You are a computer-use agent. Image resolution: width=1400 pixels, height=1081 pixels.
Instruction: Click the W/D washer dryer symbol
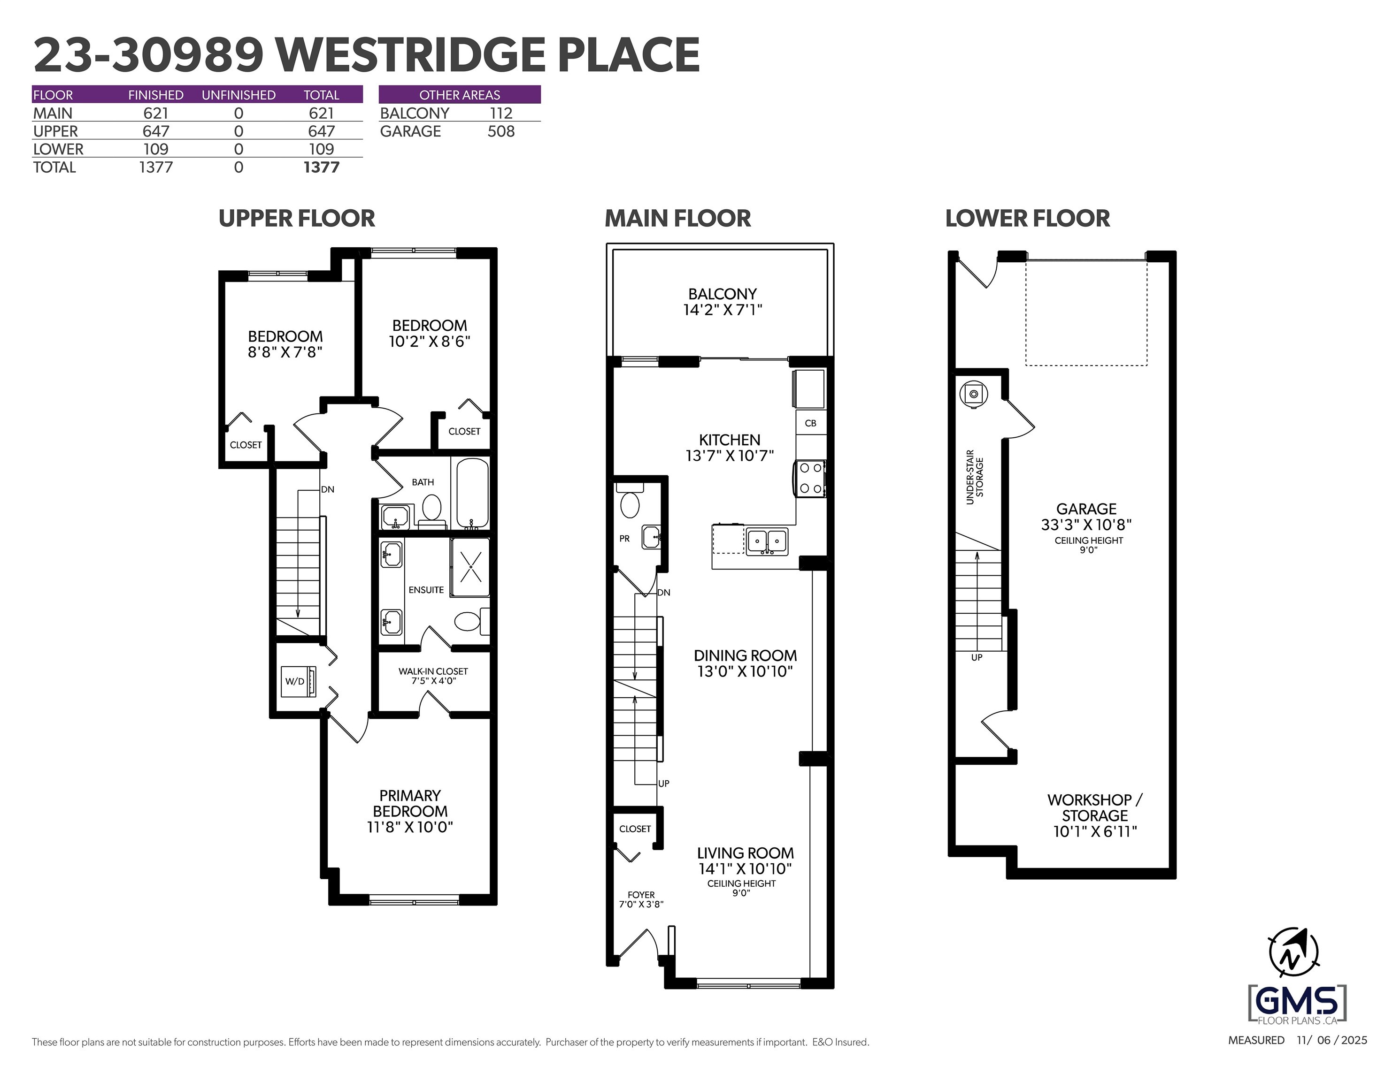coord(299,681)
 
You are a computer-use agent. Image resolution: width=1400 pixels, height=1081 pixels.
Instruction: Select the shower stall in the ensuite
coord(470,567)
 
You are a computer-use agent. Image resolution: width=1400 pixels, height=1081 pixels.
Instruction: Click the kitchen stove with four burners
coord(810,479)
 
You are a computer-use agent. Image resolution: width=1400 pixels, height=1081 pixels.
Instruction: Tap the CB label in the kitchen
coord(810,423)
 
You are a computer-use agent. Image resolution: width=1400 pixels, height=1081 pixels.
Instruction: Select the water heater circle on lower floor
coord(974,394)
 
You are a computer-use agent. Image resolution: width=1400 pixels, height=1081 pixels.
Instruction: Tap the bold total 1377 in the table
coord(321,167)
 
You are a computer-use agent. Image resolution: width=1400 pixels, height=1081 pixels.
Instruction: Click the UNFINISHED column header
coord(238,95)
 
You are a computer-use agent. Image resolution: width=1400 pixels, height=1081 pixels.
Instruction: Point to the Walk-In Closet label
coord(433,671)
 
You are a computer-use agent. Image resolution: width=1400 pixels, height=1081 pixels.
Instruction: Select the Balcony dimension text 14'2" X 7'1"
coord(723,310)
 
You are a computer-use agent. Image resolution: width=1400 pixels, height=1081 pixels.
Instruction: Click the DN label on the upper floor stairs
coord(328,489)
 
